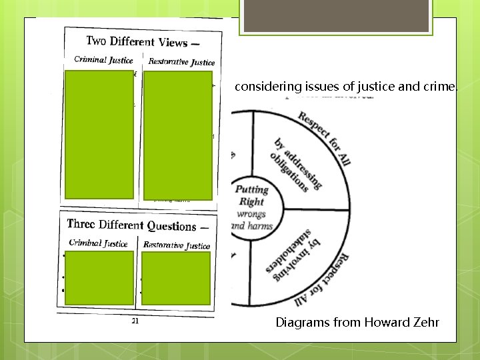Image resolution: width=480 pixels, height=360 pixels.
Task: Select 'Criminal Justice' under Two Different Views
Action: [x=103, y=60]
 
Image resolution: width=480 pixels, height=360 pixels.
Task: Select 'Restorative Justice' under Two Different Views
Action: [x=181, y=62]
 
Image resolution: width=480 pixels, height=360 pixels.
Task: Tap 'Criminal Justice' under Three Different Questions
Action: [x=98, y=243]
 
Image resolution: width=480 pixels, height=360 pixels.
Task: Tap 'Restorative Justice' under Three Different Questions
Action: [x=177, y=245]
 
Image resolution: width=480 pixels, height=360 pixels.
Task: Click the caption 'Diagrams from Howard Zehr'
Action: [x=357, y=323]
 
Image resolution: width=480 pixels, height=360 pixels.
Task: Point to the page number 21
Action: [x=135, y=321]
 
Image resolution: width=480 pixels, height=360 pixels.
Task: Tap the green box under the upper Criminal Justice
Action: [x=100, y=134]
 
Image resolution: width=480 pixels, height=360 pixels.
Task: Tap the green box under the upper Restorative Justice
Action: [x=178, y=135]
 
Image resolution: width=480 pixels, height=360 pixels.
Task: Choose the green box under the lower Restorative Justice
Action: [x=176, y=278]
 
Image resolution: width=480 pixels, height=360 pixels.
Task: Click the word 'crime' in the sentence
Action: [x=443, y=87]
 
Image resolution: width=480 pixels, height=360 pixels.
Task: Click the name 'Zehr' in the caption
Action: [x=427, y=323]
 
